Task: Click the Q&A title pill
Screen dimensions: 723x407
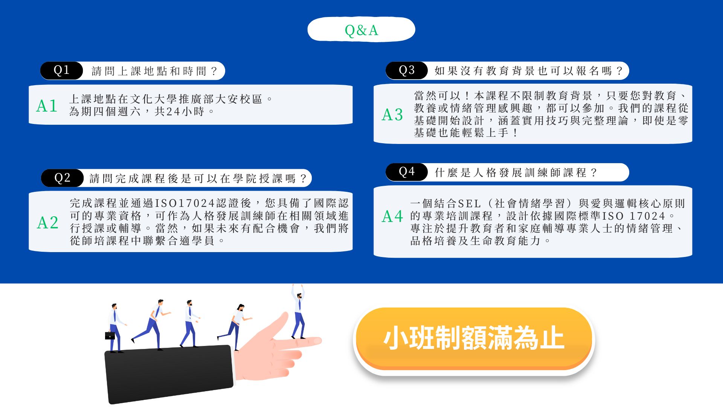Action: [361, 29]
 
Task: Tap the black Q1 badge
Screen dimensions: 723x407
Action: [61, 70]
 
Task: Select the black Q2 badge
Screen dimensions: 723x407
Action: [62, 178]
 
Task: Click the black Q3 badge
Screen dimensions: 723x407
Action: [407, 70]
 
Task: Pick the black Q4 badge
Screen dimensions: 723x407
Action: [407, 172]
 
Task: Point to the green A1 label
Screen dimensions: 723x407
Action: [47, 106]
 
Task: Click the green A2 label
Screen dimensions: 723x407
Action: [48, 223]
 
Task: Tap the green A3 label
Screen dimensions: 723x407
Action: [392, 115]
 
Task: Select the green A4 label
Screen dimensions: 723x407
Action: [392, 216]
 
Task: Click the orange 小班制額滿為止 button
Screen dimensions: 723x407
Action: [474, 338]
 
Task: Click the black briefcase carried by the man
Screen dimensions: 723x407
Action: [110, 335]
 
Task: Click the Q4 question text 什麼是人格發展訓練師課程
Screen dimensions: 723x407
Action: [510, 173]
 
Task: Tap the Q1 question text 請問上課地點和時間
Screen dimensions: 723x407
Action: [149, 71]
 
